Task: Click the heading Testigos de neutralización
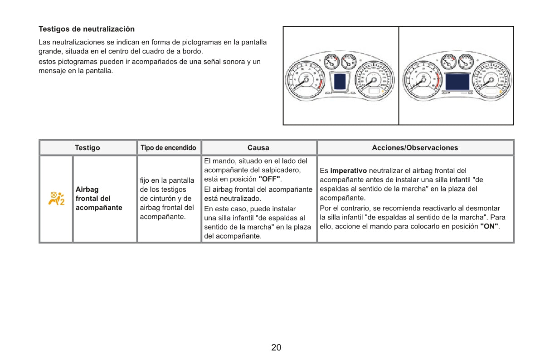click(87, 29)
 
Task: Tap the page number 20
click(276, 348)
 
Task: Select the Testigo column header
click(88, 148)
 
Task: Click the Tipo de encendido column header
click(168, 148)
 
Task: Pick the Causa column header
click(258, 148)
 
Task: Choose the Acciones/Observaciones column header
click(415, 148)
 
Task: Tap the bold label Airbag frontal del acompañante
click(98, 199)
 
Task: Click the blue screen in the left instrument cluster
click(340, 82)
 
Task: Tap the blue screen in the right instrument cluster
click(457, 82)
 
